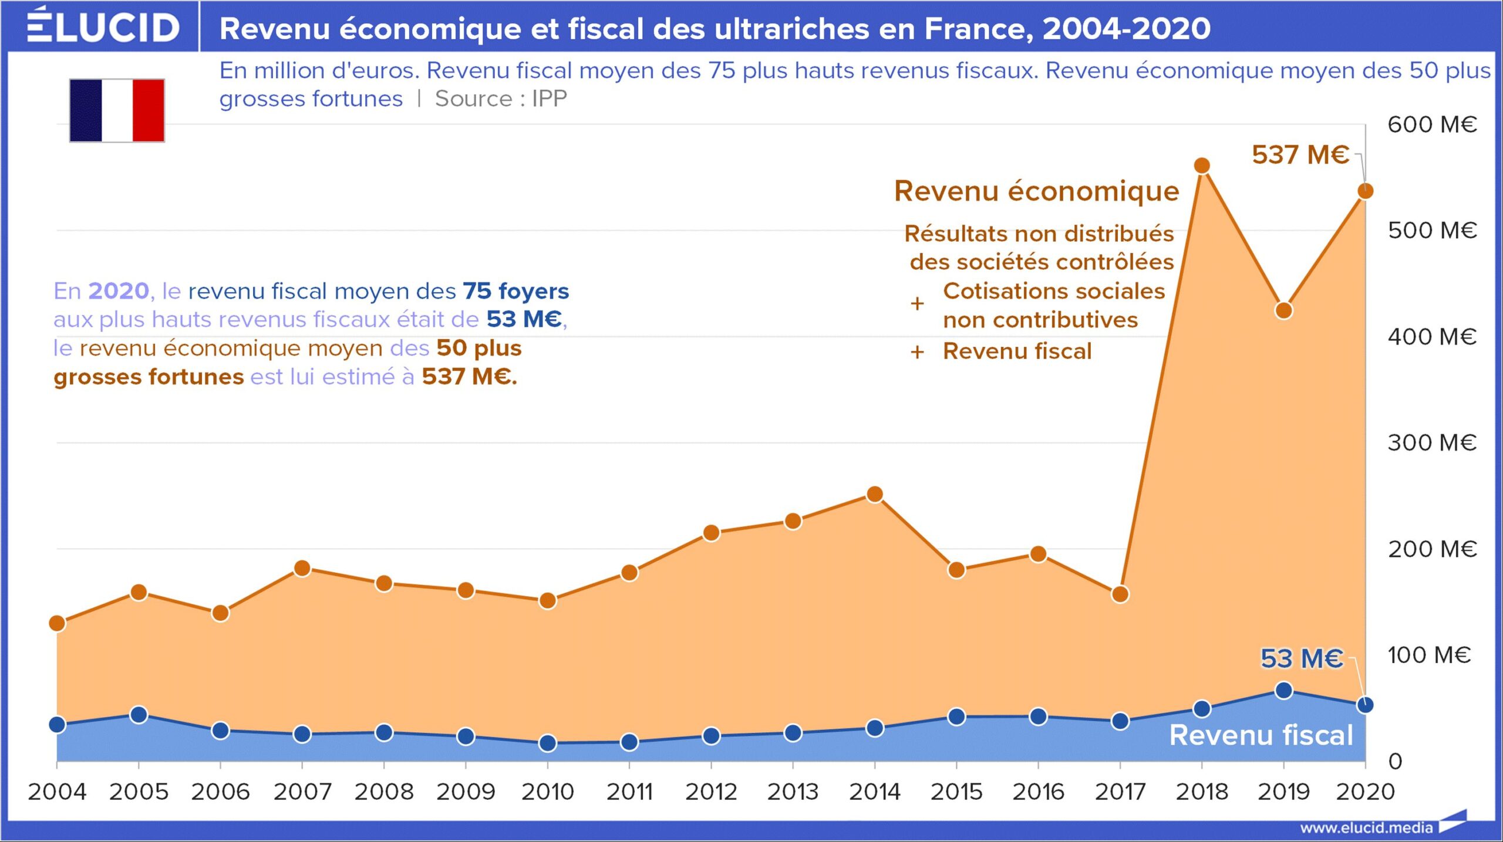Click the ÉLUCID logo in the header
pos(103,26)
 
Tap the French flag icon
pos(117,110)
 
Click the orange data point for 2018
pos(1202,166)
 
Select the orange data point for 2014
pos(874,495)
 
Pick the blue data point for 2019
pos(1283,691)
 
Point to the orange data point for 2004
pos(57,623)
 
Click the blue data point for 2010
pos(547,743)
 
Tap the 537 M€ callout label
pos(1300,155)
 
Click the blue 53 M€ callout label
pos(1301,658)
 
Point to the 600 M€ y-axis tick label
pos(1431,124)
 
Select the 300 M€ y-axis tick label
pos(1431,442)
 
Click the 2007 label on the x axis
pos(302,792)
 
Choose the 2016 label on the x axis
pos(1038,792)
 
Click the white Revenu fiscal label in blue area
pos(1261,735)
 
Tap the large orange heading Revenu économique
pos(1036,191)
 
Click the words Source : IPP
pos(501,99)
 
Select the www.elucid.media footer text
pos(1366,828)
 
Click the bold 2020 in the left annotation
pos(119,291)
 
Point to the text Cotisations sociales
pos(1053,291)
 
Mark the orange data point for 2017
pos(1120,594)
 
